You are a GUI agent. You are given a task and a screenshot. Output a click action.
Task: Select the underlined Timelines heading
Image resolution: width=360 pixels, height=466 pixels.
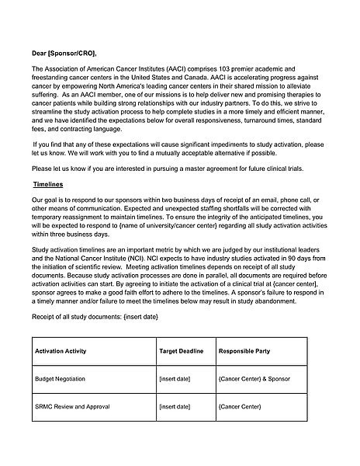[x=48, y=185]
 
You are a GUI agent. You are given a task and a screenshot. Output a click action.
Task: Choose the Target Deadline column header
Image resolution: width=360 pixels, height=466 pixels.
[x=181, y=351]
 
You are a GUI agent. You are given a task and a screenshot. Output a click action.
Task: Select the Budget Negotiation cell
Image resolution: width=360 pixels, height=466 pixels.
[x=61, y=379]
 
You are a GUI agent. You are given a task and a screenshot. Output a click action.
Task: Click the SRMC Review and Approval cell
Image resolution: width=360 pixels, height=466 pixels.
[x=73, y=406]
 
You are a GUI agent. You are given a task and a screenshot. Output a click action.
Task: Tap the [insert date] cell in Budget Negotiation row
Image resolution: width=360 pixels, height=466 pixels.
[x=175, y=379]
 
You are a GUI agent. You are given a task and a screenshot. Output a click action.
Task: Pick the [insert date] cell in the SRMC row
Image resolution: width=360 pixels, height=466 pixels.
[x=175, y=406]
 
